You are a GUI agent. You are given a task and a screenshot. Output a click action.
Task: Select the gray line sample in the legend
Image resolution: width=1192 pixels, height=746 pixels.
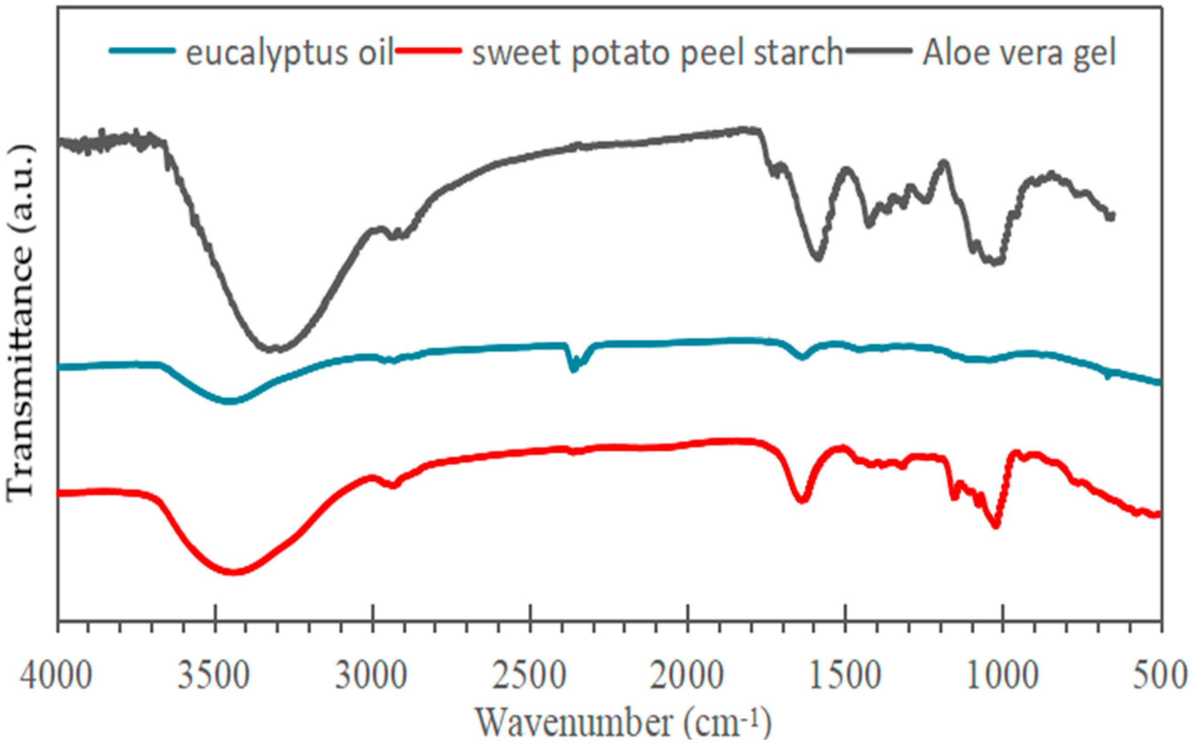[876, 50]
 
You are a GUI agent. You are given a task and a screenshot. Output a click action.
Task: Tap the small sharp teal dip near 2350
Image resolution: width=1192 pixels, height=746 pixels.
[573, 369]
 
